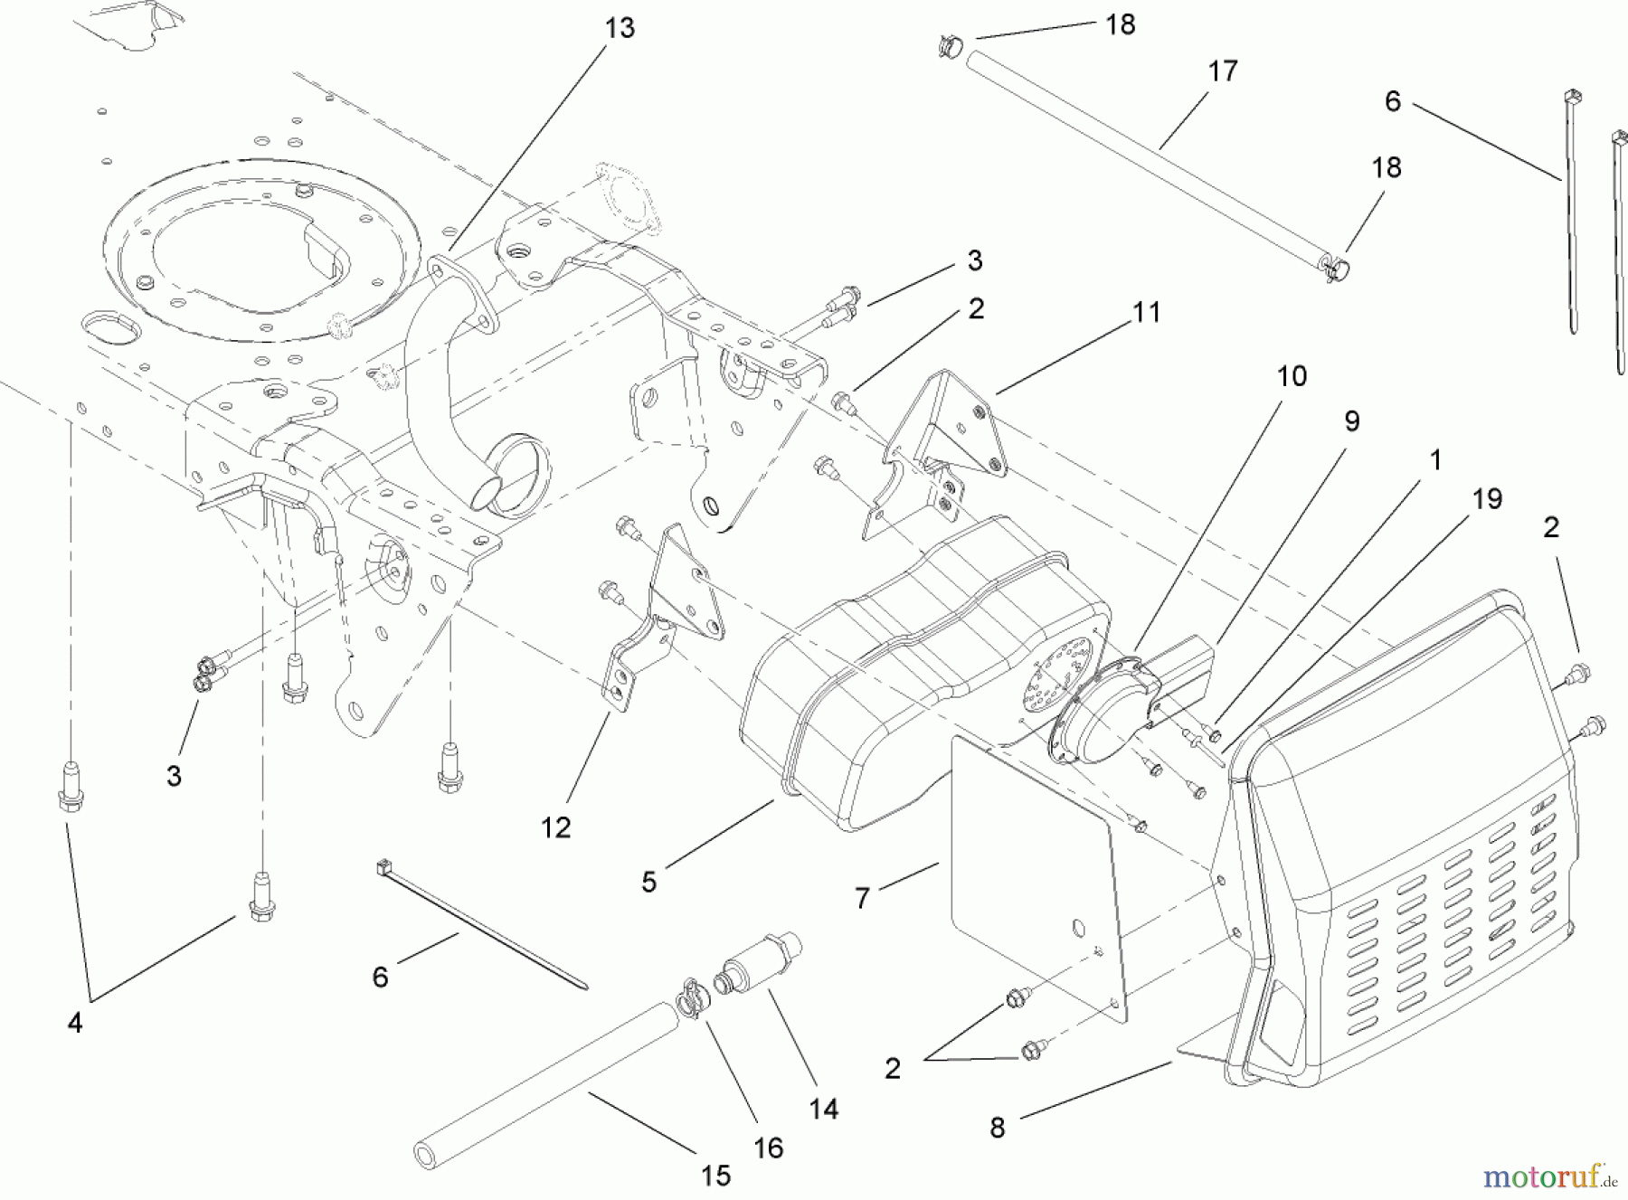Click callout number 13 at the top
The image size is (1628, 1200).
point(620,29)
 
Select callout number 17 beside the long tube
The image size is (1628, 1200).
point(1222,71)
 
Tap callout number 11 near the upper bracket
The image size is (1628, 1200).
point(1146,313)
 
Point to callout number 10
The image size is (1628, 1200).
point(1292,376)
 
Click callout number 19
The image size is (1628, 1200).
point(1487,499)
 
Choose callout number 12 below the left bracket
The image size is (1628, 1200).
point(556,827)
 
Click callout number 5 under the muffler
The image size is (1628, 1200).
point(648,882)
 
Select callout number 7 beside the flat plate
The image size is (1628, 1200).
point(862,898)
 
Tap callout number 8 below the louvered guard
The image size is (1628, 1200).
point(997,1128)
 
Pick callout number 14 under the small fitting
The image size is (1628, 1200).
point(823,1108)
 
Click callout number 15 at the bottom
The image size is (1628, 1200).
point(715,1176)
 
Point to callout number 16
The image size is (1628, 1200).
point(768,1148)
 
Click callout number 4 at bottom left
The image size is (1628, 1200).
point(75,1023)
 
